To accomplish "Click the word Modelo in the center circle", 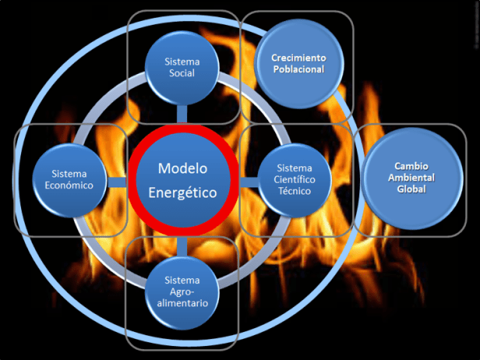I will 182,168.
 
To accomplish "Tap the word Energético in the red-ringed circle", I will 182,191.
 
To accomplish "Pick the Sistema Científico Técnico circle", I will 294,179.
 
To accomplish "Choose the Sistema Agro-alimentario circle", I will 182,291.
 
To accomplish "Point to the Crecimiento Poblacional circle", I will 298,64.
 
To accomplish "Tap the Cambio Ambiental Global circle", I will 411,178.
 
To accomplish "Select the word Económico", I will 68,185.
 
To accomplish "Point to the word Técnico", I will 295,191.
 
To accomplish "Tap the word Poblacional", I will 298,69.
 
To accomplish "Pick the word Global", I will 411,189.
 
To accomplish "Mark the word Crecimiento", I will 298,58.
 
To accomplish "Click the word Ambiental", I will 411,178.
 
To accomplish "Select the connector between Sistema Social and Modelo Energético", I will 182,113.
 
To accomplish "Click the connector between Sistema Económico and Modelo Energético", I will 117,182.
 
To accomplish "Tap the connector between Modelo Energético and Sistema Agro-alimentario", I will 182,245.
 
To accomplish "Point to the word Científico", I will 295,179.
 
